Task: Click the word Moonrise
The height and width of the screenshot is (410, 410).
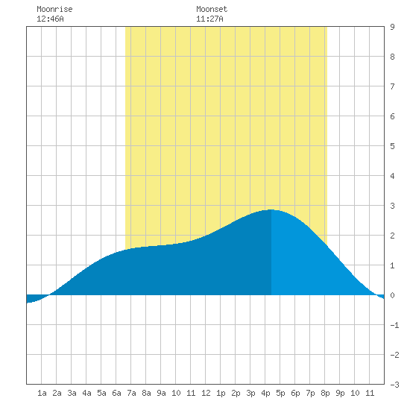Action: pos(54,9)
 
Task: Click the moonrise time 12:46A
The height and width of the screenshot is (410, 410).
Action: pos(50,19)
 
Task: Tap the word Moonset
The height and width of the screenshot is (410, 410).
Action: pos(212,9)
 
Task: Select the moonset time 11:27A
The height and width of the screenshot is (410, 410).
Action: pos(209,19)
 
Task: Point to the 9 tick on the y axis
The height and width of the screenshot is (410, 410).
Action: pos(392,27)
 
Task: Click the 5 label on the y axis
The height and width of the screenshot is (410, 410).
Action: pos(392,146)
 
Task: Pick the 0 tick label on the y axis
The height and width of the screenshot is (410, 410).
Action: pos(392,295)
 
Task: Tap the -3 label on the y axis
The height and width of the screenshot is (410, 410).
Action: pos(394,385)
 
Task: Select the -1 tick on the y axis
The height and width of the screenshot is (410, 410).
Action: pos(394,325)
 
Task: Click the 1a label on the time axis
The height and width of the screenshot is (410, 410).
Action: pos(42,393)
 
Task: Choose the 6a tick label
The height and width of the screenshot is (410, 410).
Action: pos(116,393)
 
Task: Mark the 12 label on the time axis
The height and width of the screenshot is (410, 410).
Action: pos(206,393)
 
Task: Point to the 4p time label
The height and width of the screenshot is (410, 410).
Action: pos(265,393)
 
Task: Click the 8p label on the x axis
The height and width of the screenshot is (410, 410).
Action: pos(325,393)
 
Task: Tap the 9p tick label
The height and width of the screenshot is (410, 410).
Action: pos(340,393)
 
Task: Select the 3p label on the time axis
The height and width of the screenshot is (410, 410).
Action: pos(250,393)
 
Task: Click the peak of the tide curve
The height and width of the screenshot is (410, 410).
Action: pos(271,209)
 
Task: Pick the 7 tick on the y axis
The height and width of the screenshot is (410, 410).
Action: pos(392,86)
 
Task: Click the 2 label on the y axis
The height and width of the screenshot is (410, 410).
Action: pos(392,236)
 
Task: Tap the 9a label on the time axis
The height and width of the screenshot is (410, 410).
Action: pos(161,393)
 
